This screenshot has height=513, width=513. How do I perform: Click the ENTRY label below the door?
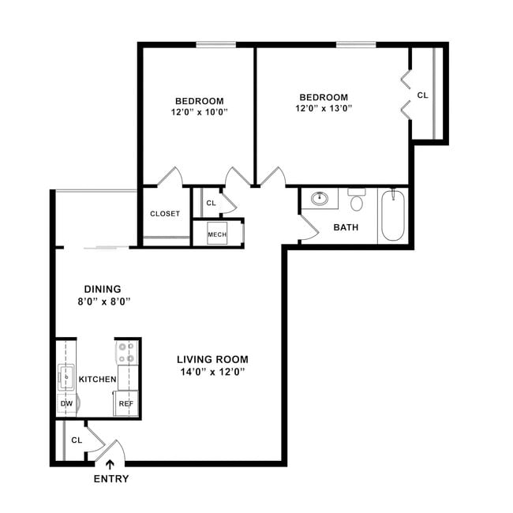pos(111,479)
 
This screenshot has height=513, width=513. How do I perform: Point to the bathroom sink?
pos(320,198)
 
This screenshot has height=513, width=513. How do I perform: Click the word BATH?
pos(346,227)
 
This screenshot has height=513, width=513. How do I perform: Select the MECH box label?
pos(216,234)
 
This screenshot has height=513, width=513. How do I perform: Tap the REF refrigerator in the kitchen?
pos(126,403)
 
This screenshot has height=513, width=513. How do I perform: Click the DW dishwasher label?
pos(66,403)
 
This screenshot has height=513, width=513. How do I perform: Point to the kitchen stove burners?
pos(126,352)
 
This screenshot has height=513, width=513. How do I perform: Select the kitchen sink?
pos(66,378)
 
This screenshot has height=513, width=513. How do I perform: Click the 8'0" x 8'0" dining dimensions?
pos(103,301)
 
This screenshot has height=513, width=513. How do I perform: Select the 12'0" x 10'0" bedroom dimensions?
pos(199,113)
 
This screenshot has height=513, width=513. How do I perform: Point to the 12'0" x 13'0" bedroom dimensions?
pos(323,109)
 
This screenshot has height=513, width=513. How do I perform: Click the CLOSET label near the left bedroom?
pos(165,214)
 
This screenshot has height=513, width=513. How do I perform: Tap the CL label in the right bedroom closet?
pos(422,95)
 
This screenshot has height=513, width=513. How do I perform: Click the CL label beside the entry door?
pos(77,440)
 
